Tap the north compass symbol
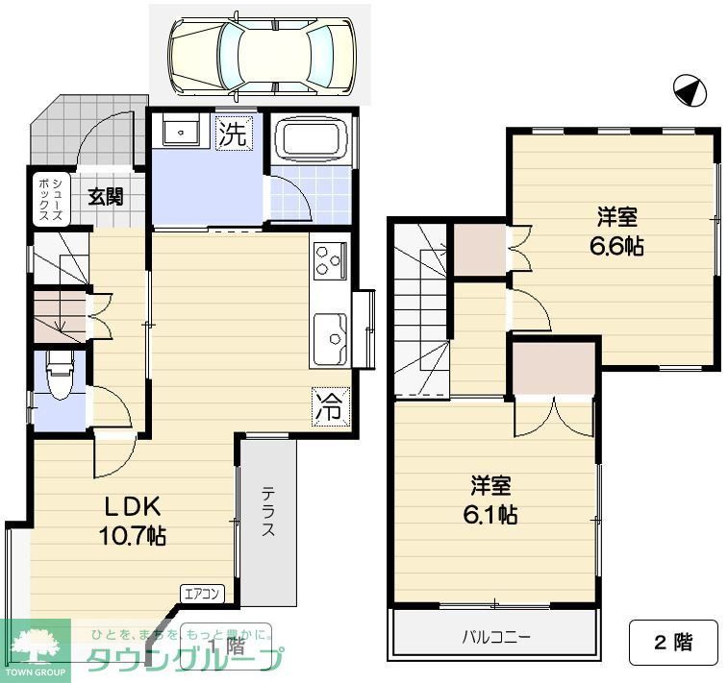coord(690,91)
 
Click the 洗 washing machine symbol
coord(233,134)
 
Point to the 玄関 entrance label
coord(106,197)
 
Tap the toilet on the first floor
coord(59,376)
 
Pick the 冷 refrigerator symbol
coord(328,406)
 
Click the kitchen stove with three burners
coord(330,260)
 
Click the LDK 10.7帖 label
coord(132,519)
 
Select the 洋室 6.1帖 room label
coord(490,500)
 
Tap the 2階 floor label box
coord(673,643)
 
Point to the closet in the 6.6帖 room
coord(478,250)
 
